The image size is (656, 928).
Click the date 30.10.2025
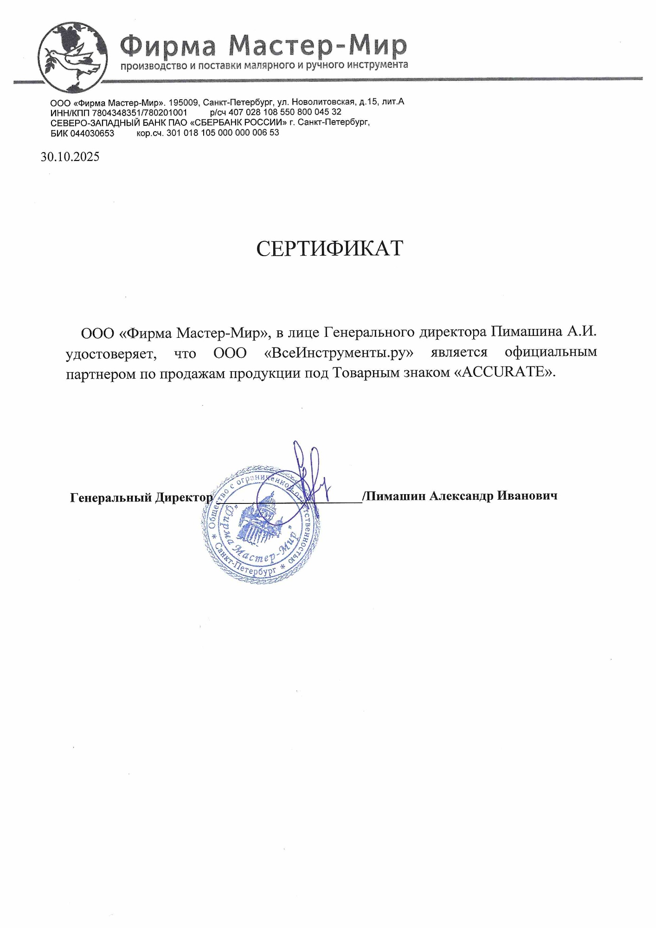pyautogui.click(x=70, y=157)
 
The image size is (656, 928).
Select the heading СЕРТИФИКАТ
pyautogui.click(x=329, y=249)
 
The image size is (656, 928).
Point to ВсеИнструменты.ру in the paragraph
pyautogui.click(x=339, y=353)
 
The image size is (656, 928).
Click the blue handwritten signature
pyautogui.click(x=309, y=478)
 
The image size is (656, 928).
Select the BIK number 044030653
pyautogui.click(x=92, y=133)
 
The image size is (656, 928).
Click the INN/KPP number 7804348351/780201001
pyautogui.click(x=139, y=113)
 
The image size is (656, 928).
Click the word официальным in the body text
pyautogui.click(x=551, y=353)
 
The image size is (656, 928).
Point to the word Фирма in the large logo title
pyautogui.click(x=169, y=45)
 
